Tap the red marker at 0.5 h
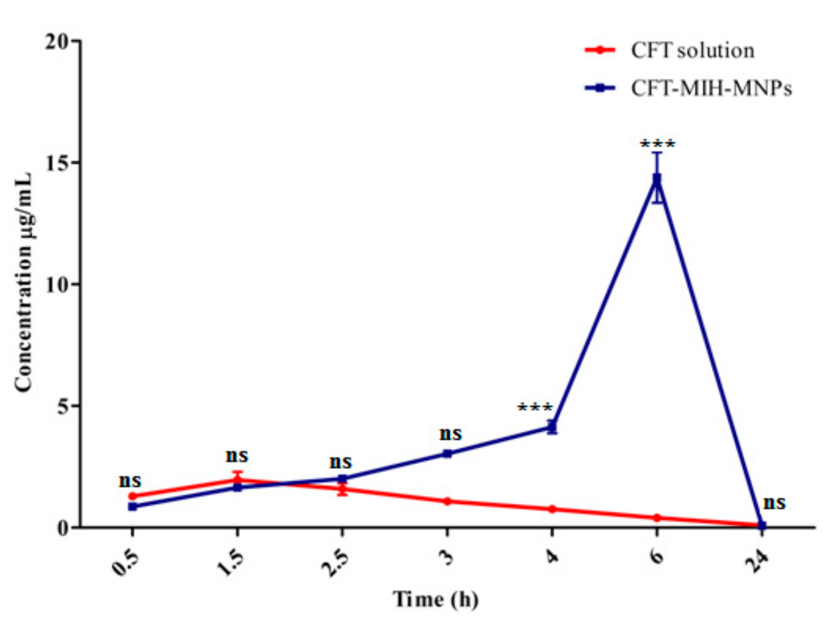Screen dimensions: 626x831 coord(133,496)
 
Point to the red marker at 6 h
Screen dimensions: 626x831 coord(657,518)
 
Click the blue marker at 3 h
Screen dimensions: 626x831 coord(447,454)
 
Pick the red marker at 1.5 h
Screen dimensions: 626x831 coord(237,480)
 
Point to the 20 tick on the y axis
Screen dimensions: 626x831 coord(57,41)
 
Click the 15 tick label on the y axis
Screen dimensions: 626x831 coord(57,162)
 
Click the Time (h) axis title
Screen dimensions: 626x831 coord(436,600)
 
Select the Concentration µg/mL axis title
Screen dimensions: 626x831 coord(24,282)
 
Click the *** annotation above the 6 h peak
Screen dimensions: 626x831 coord(658,144)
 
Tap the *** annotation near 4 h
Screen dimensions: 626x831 coord(535,407)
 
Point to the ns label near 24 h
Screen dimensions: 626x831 coord(774,503)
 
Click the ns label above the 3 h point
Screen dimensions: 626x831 coord(451,434)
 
